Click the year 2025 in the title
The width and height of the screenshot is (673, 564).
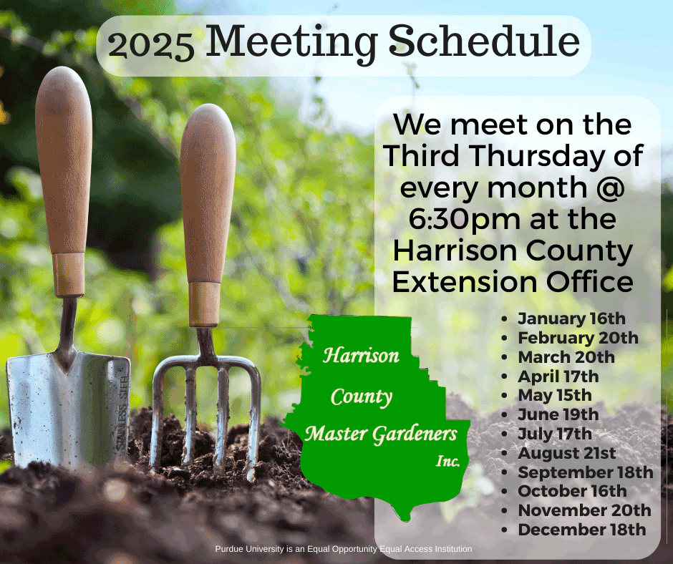click(150, 46)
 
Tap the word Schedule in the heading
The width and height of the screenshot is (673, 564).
click(484, 41)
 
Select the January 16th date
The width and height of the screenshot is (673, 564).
click(571, 319)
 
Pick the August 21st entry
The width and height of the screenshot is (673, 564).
click(566, 453)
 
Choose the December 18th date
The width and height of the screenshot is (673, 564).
click(581, 529)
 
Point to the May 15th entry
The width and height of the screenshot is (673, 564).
click(555, 395)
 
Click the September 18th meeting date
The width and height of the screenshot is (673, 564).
click(586, 472)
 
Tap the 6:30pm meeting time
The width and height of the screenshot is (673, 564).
click(465, 220)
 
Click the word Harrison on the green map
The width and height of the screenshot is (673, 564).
click(361, 356)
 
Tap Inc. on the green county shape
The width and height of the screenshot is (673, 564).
click(448, 461)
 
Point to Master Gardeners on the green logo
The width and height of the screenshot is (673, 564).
click(381, 434)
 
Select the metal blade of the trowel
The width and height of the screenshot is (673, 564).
click(68, 408)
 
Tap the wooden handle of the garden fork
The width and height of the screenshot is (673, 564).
click(207, 215)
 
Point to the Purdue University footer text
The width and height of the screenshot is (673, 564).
click(344, 549)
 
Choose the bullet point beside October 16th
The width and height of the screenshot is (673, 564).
click(504, 492)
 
